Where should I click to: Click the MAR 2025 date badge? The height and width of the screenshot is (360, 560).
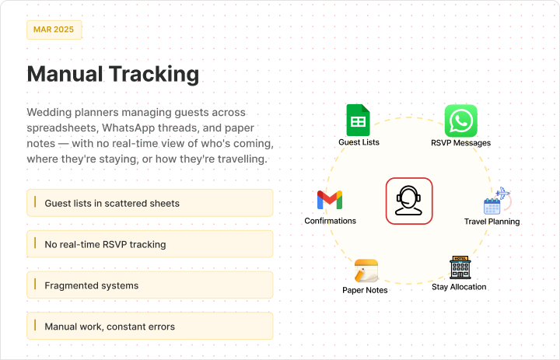pos(54,30)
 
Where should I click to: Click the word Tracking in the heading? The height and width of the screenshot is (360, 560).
pos(154,74)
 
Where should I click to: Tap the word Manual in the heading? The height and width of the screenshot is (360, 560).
pos(65,74)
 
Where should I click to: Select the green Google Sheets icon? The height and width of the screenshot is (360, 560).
pos(359,120)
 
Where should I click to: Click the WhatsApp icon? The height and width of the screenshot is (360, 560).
pos(460,121)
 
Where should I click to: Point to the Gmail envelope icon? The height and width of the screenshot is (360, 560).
pos(330,200)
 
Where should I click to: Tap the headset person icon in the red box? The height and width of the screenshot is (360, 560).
pos(409,201)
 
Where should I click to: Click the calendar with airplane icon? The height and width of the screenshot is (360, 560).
pos(497,201)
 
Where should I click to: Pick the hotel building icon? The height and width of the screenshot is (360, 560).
pos(460,267)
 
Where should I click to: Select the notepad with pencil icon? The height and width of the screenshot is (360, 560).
pos(366,271)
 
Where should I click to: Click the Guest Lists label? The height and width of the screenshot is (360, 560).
pos(359,142)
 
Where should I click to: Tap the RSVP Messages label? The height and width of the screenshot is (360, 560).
pos(460,143)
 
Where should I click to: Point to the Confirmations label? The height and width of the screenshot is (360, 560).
pos(330,221)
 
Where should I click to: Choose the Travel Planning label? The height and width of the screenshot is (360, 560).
pos(492,222)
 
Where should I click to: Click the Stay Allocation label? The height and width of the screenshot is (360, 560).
pos(459,287)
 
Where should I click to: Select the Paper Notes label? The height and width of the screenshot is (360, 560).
pos(365,290)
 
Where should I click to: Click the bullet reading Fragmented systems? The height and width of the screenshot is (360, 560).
pos(150,285)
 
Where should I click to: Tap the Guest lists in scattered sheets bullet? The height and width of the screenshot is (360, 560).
pos(150,203)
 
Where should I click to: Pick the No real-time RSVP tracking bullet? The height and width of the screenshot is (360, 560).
pos(150,244)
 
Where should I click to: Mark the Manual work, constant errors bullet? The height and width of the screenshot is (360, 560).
pos(150,326)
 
